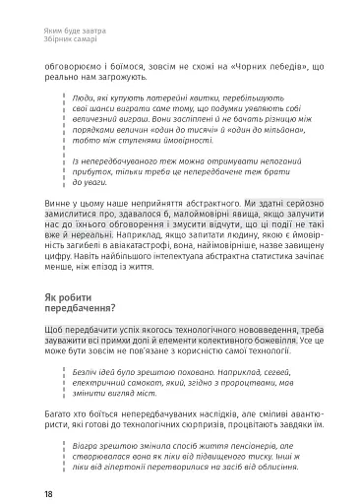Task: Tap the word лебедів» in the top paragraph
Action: tap(292, 70)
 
